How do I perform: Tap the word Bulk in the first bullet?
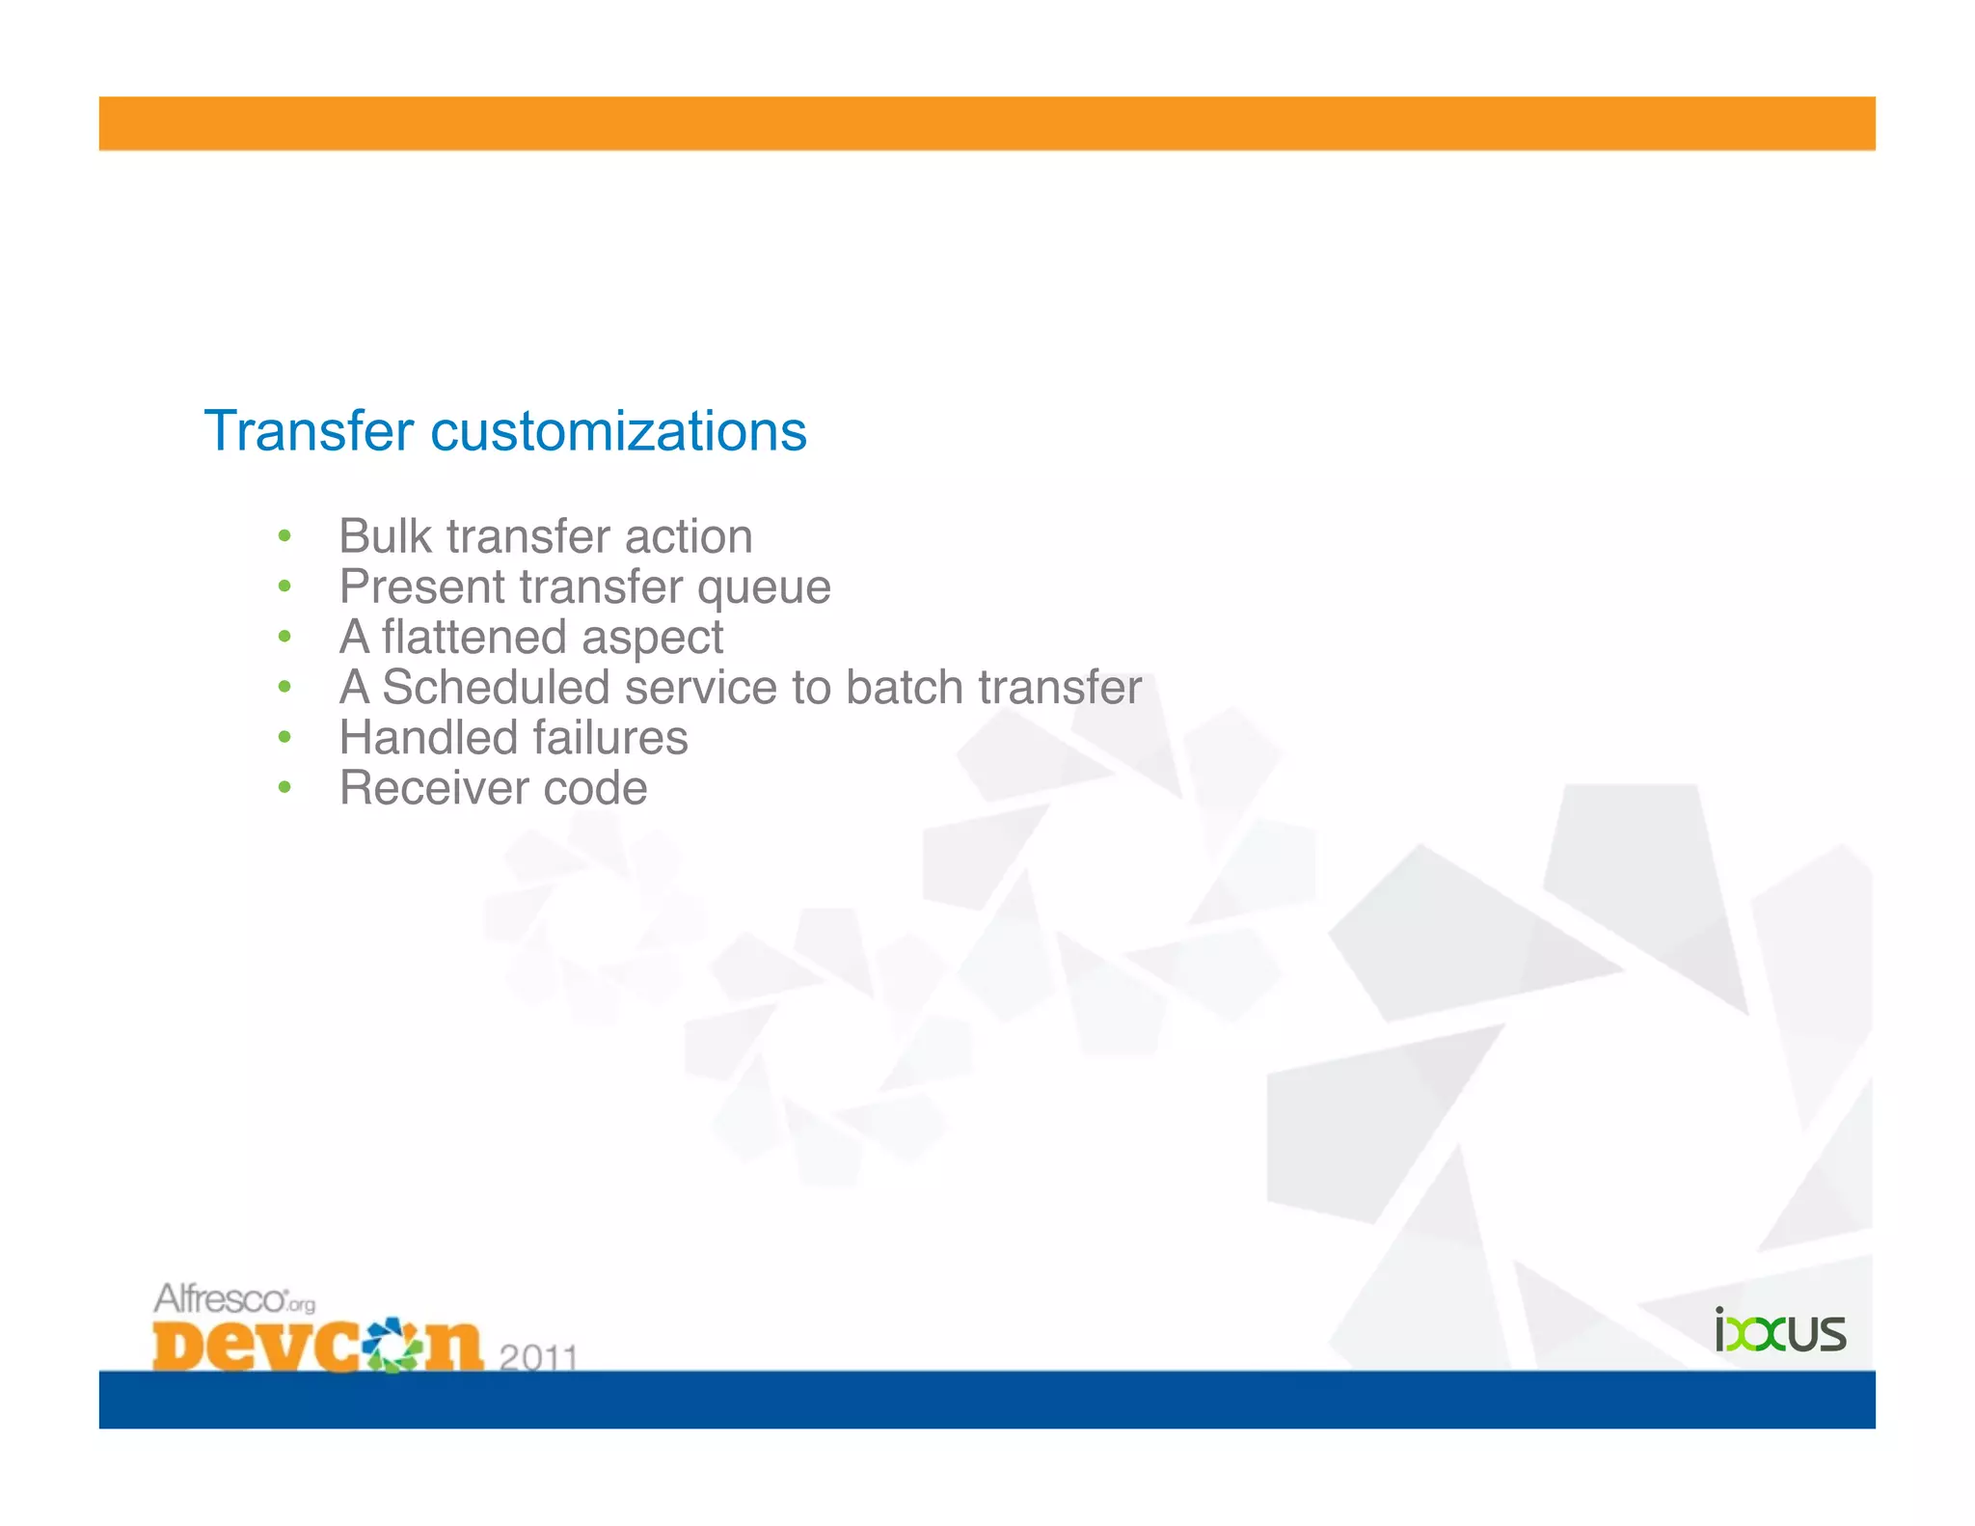[385, 536]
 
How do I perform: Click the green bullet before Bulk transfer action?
[284, 536]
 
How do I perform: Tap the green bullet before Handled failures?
[284, 738]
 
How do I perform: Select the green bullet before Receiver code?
[284, 788]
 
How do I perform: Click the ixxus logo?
[1779, 1331]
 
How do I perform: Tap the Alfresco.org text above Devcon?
[233, 1299]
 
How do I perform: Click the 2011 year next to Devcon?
[538, 1357]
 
